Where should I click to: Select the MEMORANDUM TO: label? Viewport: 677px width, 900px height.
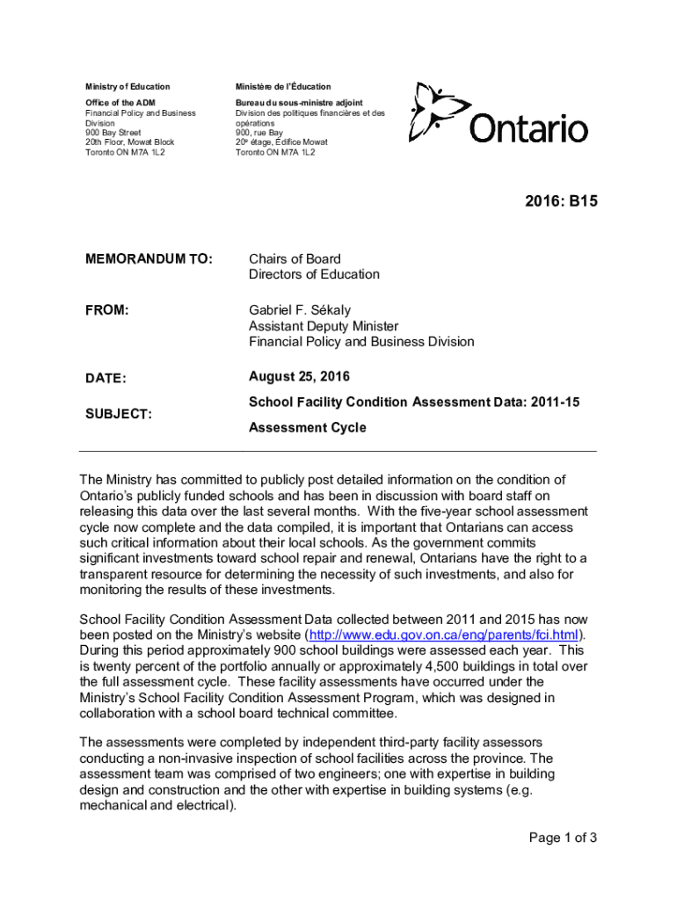(x=149, y=259)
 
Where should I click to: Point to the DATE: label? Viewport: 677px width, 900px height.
(x=106, y=379)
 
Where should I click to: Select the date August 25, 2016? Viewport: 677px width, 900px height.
(x=299, y=377)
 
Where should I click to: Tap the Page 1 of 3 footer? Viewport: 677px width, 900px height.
(x=563, y=838)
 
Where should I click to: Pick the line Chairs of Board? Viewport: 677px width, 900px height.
(x=295, y=259)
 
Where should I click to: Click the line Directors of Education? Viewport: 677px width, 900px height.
(x=314, y=274)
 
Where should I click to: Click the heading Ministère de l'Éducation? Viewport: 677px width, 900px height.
(x=283, y=87)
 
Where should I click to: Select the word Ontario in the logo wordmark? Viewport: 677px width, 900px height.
(x=528, y=129)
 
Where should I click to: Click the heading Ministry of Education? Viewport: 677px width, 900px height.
(x=127, y=87)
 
